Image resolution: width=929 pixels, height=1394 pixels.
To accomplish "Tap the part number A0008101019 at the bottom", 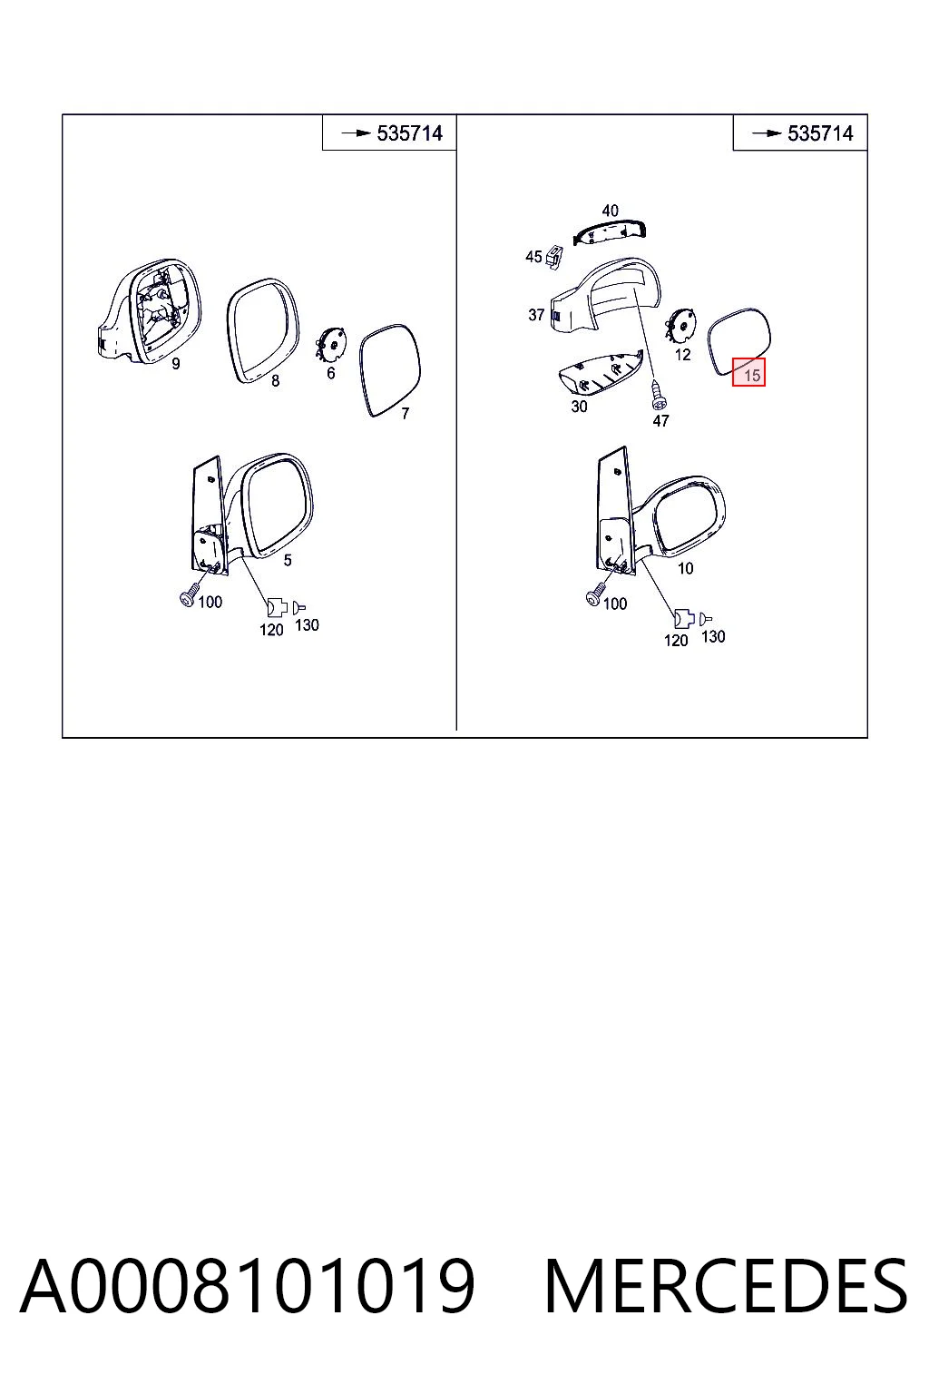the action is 248,1286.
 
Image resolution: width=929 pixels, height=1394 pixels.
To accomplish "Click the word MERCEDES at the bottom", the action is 726,1286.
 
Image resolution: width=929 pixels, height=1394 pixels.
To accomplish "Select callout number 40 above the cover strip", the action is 610,211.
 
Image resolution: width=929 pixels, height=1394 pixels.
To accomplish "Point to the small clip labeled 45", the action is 553,257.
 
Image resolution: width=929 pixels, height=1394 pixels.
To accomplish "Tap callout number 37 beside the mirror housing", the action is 536,316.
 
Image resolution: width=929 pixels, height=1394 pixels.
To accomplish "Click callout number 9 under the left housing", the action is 176,363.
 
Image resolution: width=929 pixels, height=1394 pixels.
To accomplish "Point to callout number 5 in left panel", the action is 288,560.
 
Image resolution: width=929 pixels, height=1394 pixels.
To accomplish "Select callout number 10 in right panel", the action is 685,568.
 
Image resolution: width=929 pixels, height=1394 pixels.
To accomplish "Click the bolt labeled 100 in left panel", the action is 189,593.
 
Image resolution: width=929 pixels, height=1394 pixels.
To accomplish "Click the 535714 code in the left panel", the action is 410,133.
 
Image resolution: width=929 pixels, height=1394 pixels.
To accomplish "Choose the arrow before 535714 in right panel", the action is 767,133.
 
